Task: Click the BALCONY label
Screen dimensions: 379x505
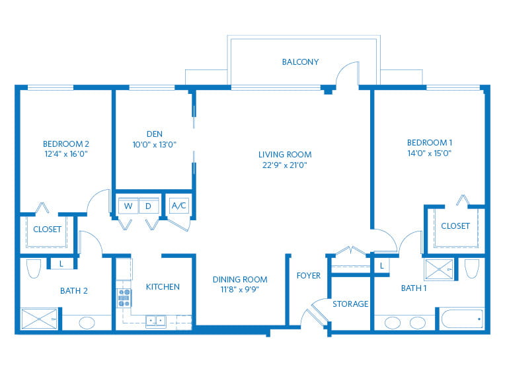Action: point(300,62)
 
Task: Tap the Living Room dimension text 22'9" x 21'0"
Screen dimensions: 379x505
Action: point(284,165)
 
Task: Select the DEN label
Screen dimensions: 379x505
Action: point(154,133)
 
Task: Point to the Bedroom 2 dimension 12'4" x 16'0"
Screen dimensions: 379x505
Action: point(65,153)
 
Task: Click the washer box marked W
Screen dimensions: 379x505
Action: point(128,206)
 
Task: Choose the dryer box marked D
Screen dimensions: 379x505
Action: point(149,206)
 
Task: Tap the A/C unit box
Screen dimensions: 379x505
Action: point(179,206)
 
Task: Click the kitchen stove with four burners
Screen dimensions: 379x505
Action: point(124,298)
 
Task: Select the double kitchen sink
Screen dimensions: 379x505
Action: point(156,321)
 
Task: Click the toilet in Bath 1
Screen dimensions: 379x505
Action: point(471,269)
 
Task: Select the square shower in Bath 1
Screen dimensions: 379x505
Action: point(439,268)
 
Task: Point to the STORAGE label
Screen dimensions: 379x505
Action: point(350,304)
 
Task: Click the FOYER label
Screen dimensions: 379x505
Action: point(309,275)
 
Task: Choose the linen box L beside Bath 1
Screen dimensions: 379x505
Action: point(381,265)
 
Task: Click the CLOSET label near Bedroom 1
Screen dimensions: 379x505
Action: point(455,226)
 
